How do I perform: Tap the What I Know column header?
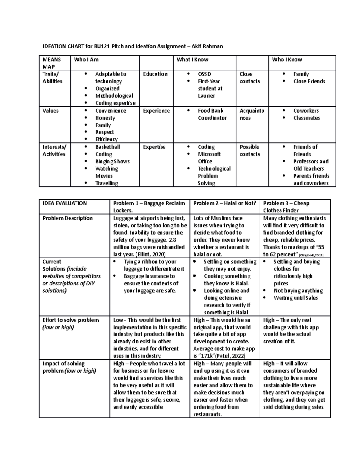(x=192, y=59)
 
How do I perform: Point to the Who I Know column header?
(x=287, y=59)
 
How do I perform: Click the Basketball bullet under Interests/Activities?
(x=108, y=147)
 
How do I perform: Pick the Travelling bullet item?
(x=106, y=183)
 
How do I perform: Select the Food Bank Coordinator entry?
(x=212, y=114)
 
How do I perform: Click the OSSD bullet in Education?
(x=204, y=74)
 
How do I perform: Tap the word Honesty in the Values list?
(x=105, y=118)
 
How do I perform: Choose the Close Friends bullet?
(x=309, y=81)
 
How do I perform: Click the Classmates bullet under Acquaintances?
(x=306, y=118)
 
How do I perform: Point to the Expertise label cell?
(x=154, y=147)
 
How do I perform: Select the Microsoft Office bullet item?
(x=209, y=158)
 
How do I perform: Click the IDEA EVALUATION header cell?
(x=65, y=203)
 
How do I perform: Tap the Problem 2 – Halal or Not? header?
(x=224, y=203)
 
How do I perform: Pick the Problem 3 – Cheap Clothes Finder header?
(x=286, y=207)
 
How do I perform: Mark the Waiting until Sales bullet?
(x=296, y=298)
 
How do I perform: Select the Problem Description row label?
(x=68, y=218)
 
